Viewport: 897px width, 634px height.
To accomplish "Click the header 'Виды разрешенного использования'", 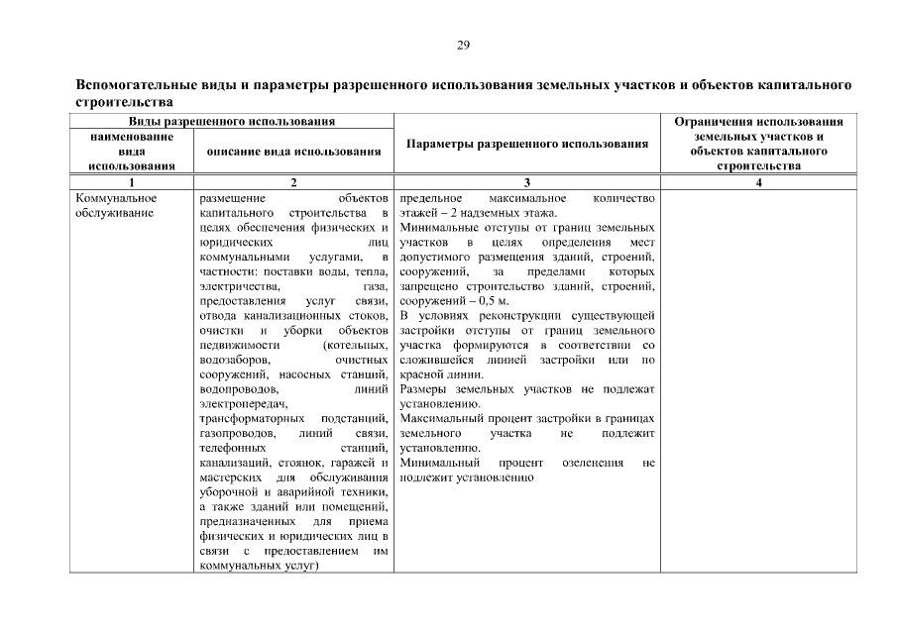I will (x=230, y=121).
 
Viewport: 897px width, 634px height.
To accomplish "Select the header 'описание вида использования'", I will (x=294, y=152).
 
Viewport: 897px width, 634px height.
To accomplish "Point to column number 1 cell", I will (x=131, y=182).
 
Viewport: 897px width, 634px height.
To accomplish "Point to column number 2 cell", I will (x=294, y=182).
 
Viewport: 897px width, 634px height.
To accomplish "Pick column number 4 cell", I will (x=758, y=182).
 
